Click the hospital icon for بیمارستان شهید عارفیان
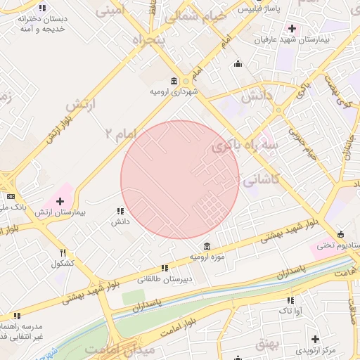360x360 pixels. point(291,28)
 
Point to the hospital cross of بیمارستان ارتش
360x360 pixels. point(60,201)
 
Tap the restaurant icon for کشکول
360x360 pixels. point(63,253)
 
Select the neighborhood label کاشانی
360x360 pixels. point(261,180)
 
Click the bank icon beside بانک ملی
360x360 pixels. point(10,196)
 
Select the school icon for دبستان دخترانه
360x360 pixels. point(42,8)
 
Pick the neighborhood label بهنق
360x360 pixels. point(267,342)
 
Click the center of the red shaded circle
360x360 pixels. point(180,180)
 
